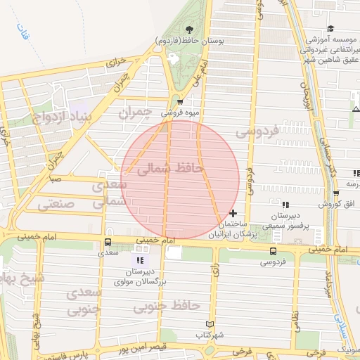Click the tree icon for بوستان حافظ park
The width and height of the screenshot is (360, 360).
[x=189, y=30]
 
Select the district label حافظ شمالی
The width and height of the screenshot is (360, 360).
[x=171, y=168]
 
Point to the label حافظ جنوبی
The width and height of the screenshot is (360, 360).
[x=167, y=306]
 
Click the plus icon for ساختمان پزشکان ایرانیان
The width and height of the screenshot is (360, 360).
[x=233, y=212]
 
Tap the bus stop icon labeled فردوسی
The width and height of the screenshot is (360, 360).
[x=273, y=251]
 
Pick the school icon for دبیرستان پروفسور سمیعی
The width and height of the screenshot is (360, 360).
[x=285, y=205]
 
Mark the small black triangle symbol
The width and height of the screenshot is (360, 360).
[x=356, y=109]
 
